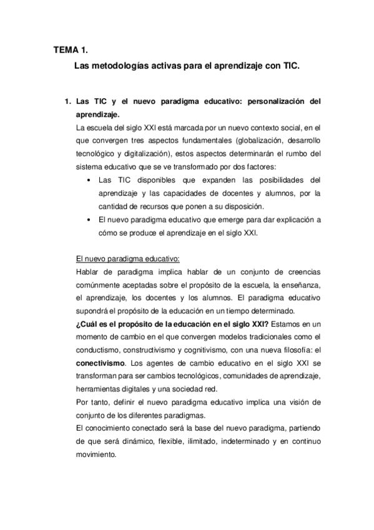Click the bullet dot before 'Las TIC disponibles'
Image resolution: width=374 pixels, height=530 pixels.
click(91, 181)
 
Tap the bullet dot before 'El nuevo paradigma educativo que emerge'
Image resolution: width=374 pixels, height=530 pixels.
click(91, 221)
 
